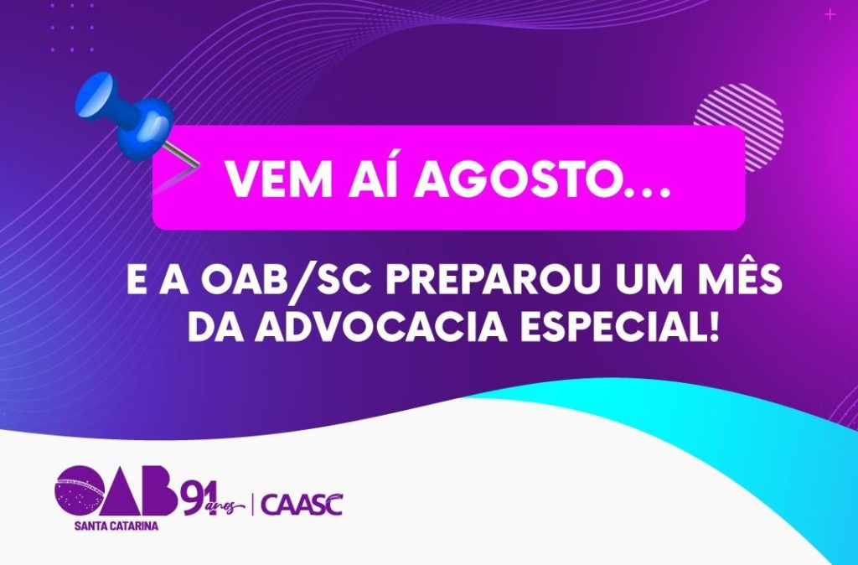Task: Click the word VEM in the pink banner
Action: (x=279, y=179)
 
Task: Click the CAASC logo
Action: (x=302, y=505)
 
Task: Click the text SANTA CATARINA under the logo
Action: (x=116, y=526)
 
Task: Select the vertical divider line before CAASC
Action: (x=252, y=505)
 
